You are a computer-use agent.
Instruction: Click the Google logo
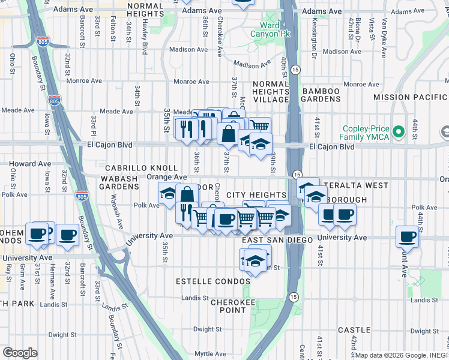(20, 353)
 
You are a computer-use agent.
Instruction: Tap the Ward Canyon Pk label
(271, 30)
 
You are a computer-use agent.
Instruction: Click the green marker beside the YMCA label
(397, 130)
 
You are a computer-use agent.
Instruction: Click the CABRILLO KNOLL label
(142, 169)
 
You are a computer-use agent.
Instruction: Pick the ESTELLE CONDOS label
(205, 281)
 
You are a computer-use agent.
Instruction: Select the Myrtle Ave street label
(208, 354)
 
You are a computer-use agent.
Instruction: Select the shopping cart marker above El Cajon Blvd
(259, 126)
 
